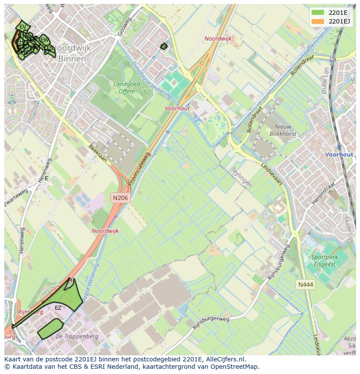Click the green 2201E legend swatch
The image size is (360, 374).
[x=318, y=13]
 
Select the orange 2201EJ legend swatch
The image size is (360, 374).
[x=318, y=21]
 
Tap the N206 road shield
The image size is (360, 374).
[x=120, y=198]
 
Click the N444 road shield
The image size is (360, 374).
[x=305, y=285]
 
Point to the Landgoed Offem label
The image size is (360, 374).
[x=127, y=88]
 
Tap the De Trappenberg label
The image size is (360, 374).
[x=77, y=336]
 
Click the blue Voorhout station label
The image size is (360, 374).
[x=339, y=155]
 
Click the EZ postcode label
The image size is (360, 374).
[x=58, y=308]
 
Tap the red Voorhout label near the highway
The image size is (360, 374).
[x=177, y=109]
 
